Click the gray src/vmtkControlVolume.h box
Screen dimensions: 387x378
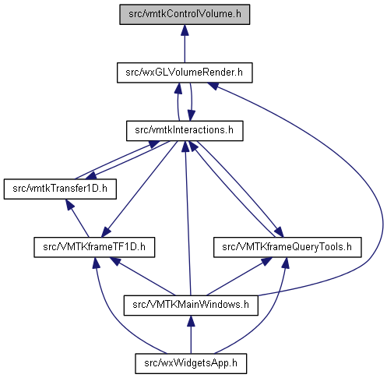(185, 15)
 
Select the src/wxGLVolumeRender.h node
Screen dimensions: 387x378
(185, 72)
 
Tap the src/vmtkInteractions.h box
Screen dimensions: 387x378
(185, 131)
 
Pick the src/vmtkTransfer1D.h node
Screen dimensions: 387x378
(60, 189)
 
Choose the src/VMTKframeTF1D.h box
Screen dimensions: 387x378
(94, 247)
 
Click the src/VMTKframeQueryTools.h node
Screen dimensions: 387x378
(287, 247)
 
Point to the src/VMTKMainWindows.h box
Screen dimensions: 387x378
(191, 306)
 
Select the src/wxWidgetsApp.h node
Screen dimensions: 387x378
(191, 364)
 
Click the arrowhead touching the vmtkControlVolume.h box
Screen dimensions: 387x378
(185, 30)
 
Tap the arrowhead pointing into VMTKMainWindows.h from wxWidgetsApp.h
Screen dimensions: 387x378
(191, 321)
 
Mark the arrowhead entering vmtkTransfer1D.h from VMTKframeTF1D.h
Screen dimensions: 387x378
(69, 205)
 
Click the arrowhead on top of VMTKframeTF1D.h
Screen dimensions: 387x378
(106, 231)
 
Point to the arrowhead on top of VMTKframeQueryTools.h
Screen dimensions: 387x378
(280, 231)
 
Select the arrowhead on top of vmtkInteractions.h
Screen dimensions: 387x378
(192, 115)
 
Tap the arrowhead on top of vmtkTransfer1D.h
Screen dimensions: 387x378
(90, 176)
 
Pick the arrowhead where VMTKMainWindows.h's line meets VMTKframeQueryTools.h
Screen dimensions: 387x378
(266, 261)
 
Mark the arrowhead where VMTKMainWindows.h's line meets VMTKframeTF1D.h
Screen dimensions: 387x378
(115, 261)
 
